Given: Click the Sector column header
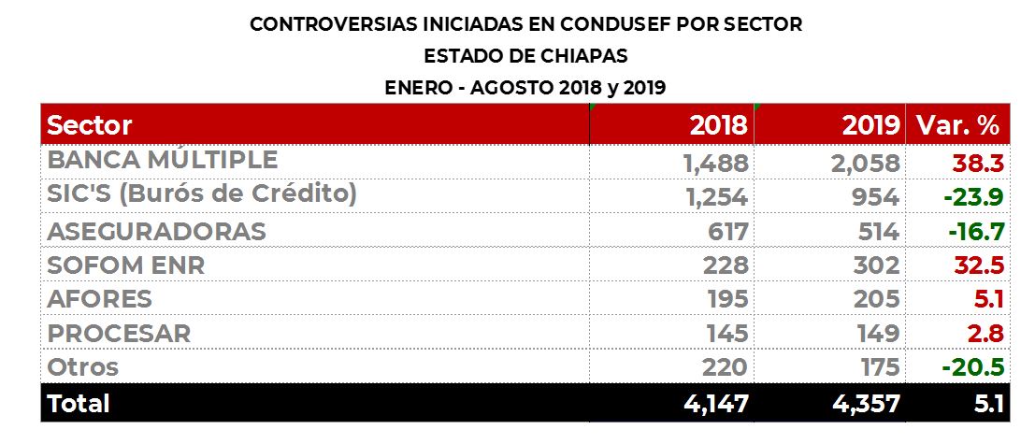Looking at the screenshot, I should (x=90, y=125).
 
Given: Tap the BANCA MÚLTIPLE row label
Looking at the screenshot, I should (x=162, y=161).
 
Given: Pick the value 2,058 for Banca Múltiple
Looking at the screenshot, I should (x=864, y=164).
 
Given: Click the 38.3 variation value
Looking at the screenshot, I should (x=978, y=164).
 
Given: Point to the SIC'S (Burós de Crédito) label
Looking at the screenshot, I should (x=202, y=195).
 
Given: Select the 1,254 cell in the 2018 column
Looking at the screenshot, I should (x=715, y=197).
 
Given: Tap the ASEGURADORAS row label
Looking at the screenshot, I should (x=156, y=231).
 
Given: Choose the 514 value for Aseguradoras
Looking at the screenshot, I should (x=876, y=231).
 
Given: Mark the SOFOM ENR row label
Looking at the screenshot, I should (x=125, y=265).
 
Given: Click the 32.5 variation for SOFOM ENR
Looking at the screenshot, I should (x=978, y=265).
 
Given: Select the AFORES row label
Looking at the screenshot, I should (x=99, y=299).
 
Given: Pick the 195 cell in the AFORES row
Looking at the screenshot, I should (x=726, y=299).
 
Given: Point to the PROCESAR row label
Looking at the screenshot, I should (x=119, y=333).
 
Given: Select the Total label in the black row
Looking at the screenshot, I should (x=79, y=403).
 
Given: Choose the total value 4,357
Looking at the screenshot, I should (x=865, y=404).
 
